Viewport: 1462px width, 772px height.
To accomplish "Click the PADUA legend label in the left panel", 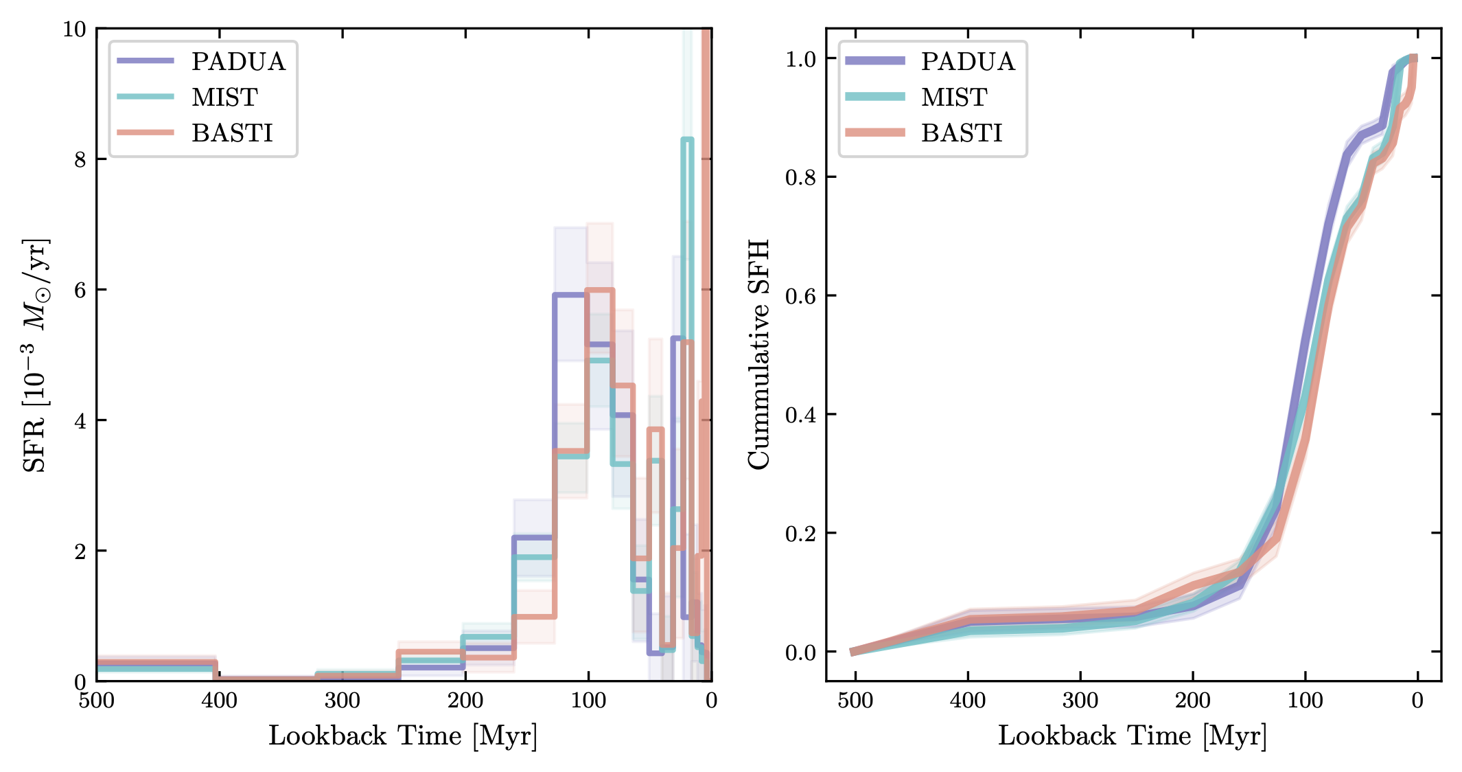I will click(238, 62).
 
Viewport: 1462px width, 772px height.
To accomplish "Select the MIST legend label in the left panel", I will click(224, 98).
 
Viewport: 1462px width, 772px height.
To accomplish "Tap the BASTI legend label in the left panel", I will click(232, 133).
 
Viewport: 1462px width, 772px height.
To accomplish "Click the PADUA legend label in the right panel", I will click(968, 62).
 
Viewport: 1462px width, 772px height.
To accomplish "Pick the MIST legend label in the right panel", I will click(954, 98).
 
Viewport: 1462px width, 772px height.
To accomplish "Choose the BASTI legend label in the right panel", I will click(962, 133).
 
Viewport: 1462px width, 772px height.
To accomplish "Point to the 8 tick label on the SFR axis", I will click(81, 159).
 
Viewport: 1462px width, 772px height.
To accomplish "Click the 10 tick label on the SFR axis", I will click(75, 30).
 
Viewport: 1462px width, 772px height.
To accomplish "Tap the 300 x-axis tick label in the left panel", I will click(343, 701).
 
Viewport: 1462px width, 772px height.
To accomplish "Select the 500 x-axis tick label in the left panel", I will click(97, 701).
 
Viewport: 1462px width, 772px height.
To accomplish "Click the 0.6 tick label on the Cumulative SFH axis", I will click(801, 296).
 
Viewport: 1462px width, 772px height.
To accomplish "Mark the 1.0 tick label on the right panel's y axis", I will click(801, 59).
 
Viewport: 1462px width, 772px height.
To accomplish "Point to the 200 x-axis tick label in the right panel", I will click(1193, 701).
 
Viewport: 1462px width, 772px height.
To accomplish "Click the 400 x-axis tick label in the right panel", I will click(968, 701).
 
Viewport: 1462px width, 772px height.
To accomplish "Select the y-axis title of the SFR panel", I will click(34, 355).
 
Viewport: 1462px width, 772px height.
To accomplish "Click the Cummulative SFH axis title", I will click(759, 355).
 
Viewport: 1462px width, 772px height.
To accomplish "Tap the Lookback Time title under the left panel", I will click(403, 736).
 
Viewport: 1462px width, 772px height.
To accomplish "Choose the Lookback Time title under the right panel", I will click(1133, 736).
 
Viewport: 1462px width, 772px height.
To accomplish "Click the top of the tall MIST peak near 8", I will click(687, 140).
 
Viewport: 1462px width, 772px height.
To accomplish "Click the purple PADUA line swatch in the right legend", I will click(875, 61).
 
